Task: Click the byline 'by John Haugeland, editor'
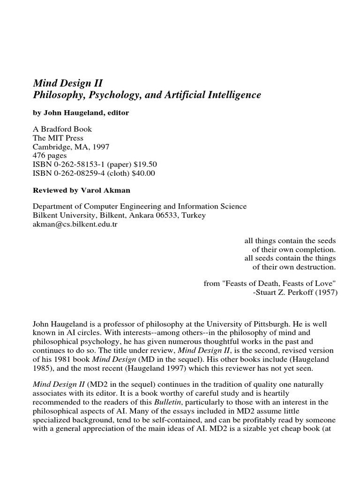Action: [x=81, y=113]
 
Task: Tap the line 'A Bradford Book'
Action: [x=62, y=129]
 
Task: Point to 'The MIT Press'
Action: [x=58, y=138]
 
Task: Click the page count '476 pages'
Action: [x=50, y=156]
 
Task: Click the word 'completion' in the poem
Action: [x=316, y=249]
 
